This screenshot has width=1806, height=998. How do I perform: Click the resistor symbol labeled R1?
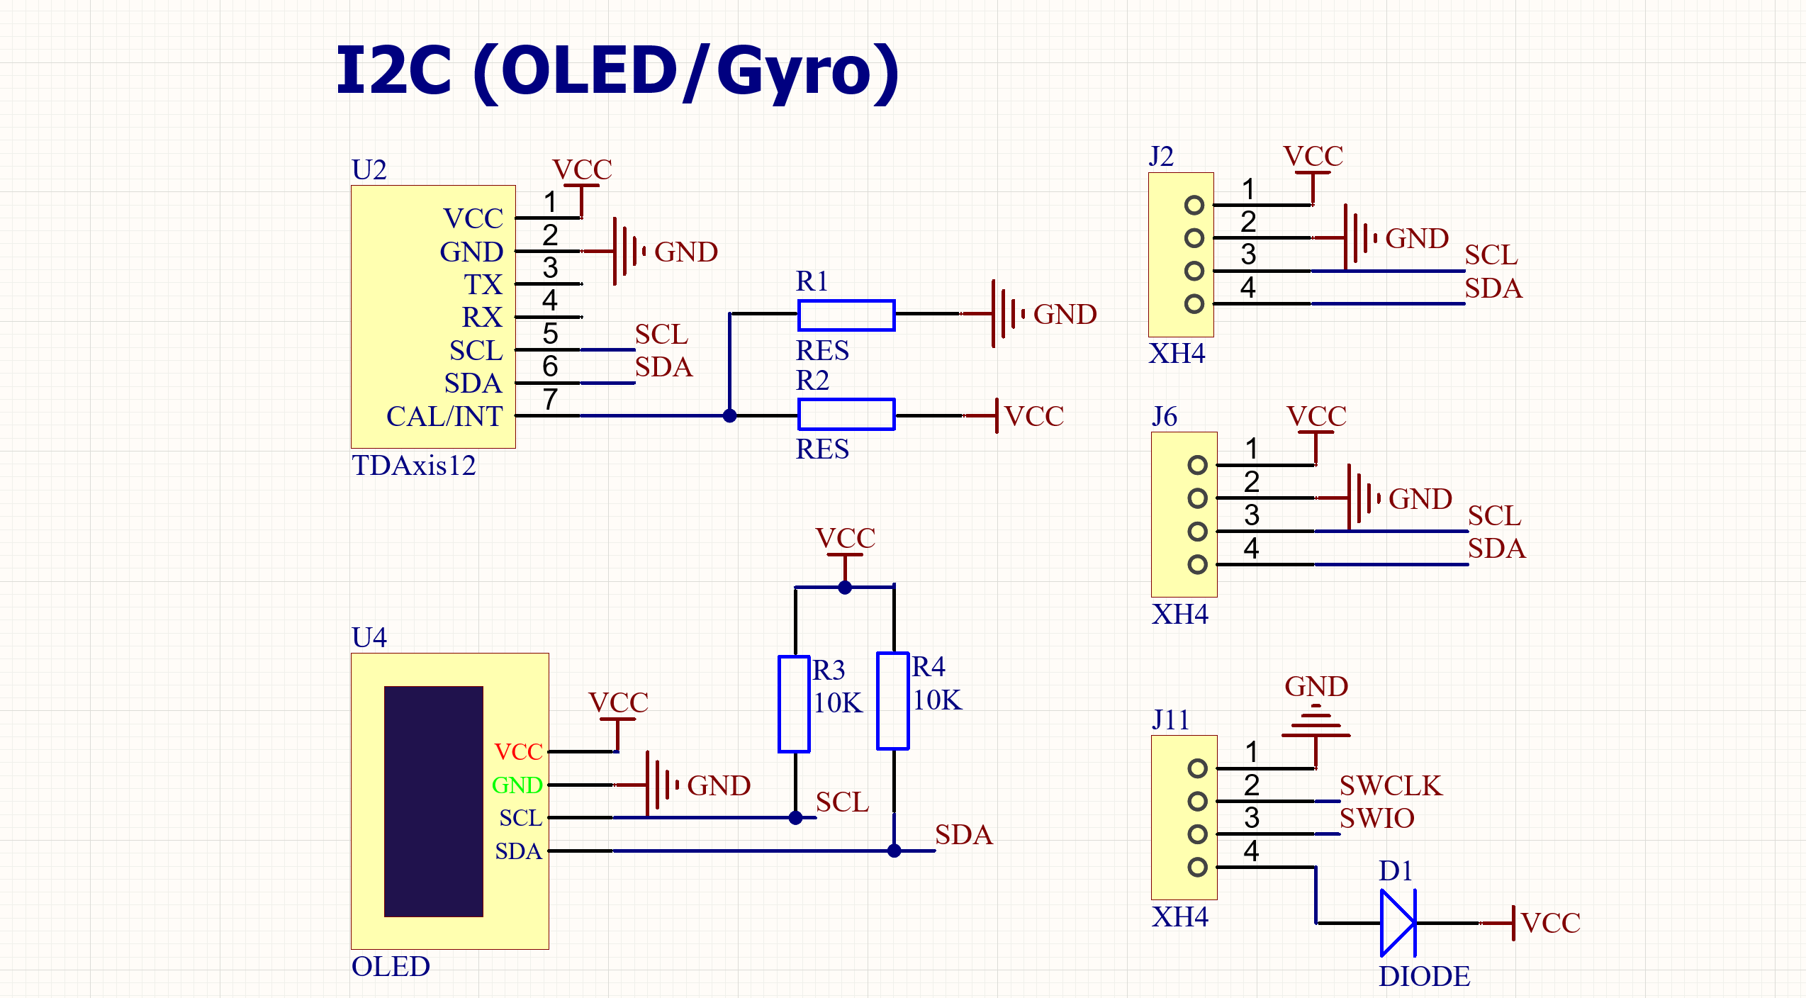tap(846, 315)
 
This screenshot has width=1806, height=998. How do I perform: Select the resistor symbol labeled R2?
tap(846, 415)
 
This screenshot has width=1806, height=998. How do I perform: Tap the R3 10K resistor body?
tap(794, 704)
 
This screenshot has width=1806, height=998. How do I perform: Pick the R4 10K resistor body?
tap(893, 701)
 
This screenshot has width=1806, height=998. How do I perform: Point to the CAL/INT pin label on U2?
tap(444, 417)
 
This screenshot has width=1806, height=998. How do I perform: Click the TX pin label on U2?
tap(483, 284)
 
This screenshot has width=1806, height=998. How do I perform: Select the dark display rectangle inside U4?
tap(434, 801)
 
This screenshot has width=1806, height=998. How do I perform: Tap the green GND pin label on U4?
tap(517, 785)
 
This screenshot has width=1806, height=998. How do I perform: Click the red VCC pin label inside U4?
tap(519, 752)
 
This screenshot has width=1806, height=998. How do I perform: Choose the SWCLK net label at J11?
tap(1391, 785)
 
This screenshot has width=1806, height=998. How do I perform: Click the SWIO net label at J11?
tap(1377, 819)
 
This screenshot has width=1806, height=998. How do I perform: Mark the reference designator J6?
tap(1165, 417)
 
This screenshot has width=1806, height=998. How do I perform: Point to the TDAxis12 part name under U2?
tap(414, 466)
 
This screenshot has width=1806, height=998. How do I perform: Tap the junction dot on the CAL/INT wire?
tap(729, 415)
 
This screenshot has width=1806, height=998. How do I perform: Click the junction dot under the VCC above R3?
tap(845, 587)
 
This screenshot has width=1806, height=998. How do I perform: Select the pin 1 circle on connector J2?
tap(1194, 205)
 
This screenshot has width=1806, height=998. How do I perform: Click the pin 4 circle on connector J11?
tap(1198, 867)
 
